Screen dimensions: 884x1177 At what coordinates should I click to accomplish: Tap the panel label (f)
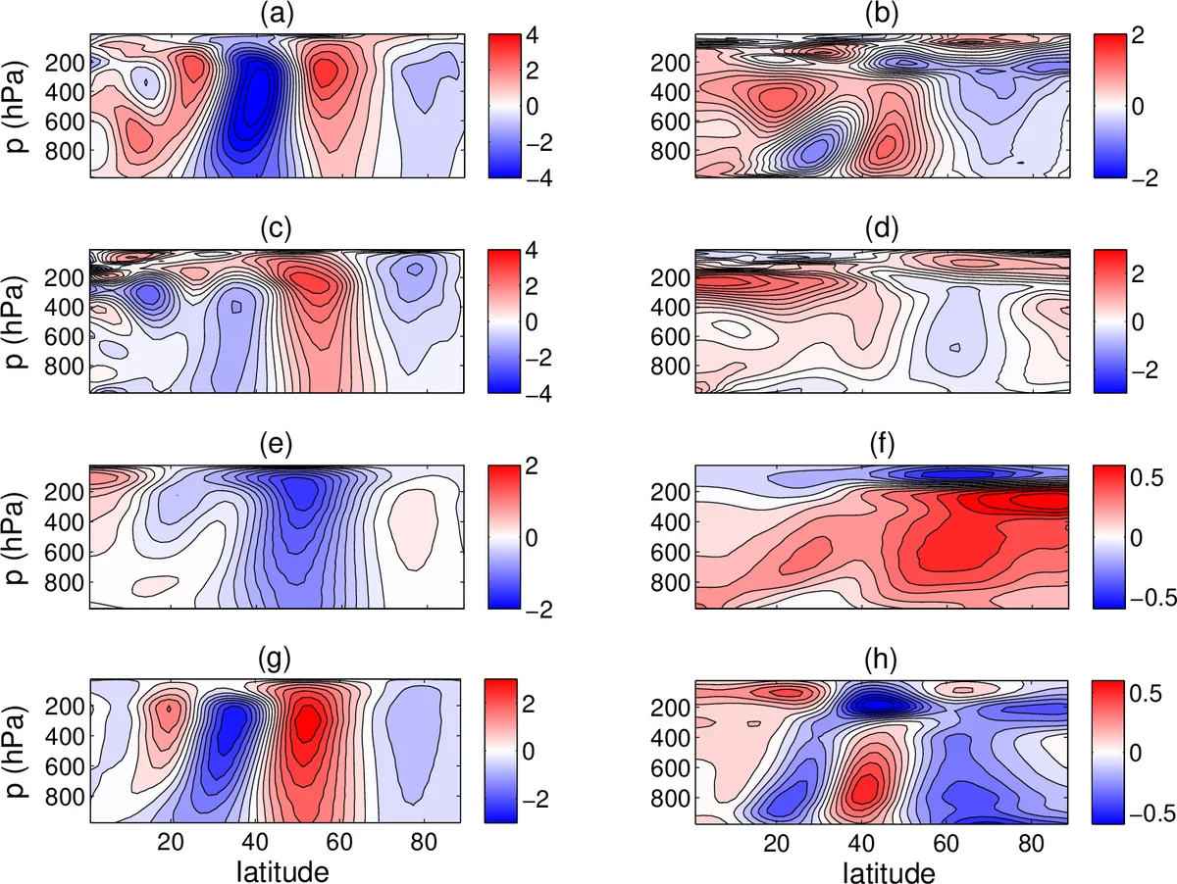point(881,448)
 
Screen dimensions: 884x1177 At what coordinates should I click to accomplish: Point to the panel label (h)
point(881,663)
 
